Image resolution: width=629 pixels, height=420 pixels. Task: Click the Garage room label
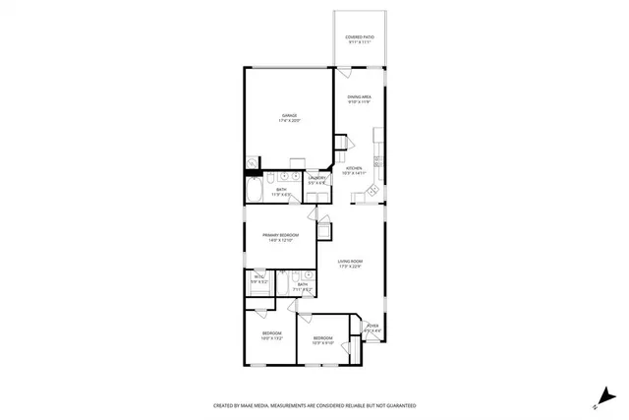pos(290,118)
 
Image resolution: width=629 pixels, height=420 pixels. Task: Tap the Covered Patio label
pos(358,39)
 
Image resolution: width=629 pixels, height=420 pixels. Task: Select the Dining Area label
pos(358,98)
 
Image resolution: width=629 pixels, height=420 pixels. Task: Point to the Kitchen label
pos(354,170)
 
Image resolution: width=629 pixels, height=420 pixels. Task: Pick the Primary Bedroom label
pos(280,237)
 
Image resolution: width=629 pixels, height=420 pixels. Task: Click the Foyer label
pos(372,330)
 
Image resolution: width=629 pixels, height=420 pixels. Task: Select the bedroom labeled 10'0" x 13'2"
pos(271,335)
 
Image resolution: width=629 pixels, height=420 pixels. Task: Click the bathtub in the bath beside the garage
pos(254,189)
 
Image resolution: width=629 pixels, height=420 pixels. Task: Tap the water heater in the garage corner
pos(252,163)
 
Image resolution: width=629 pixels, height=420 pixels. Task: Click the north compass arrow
pos(596,402)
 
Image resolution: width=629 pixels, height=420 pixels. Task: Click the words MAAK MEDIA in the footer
pos(258,405)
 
